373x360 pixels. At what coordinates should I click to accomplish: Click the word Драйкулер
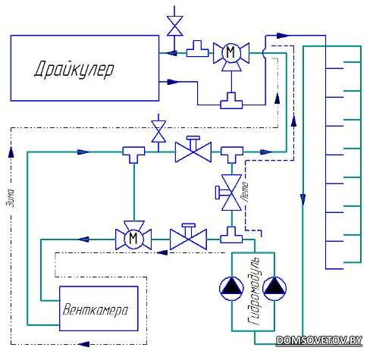pos(74,69)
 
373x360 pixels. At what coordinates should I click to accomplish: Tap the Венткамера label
pos(95,310)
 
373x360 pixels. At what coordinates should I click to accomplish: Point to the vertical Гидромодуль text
pos(254,291)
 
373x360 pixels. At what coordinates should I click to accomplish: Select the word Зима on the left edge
pos(11,198)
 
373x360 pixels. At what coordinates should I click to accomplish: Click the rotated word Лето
pos(245,191)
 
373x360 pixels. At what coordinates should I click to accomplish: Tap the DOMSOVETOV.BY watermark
pos(319,340)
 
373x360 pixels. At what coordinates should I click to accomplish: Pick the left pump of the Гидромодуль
pos(231,289)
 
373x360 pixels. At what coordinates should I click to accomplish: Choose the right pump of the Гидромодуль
pos(274,289)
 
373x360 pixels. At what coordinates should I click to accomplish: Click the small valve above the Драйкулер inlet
pos(174,26)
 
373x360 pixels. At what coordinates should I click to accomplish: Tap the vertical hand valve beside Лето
pos(230,193)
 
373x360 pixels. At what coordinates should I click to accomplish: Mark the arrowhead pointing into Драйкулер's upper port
pos(172,53)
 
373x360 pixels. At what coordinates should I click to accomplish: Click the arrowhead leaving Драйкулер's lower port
pos(173,82)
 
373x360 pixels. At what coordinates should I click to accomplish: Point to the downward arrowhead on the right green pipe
pos(303,199)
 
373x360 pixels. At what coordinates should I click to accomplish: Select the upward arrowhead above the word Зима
pos(11,152)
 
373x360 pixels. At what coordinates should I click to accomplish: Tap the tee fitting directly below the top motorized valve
pos(231,101)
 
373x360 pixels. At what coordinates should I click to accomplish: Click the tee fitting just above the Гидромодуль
pos(231,235)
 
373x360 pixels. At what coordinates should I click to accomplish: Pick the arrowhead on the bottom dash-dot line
pos(84,344)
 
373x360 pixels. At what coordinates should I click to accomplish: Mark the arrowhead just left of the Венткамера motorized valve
pos(84,239)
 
